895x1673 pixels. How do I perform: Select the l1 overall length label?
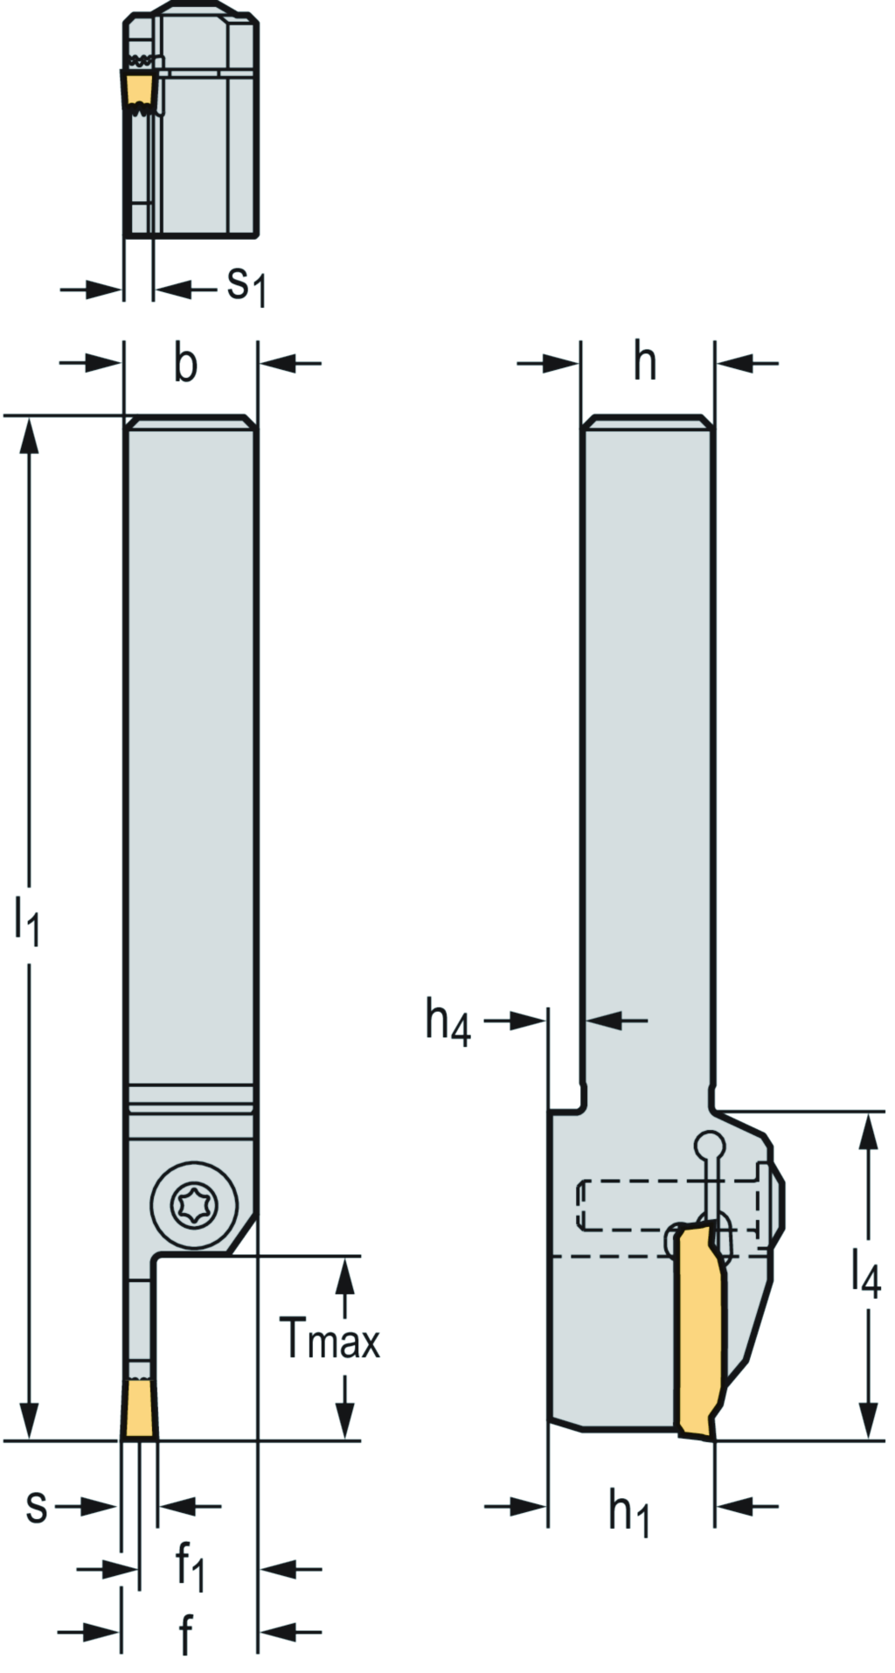pos(27,924)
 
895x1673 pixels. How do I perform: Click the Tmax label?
pos(331,1339)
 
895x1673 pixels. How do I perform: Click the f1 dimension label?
pos(190,1565)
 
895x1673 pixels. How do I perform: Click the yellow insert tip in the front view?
pos(140,1409)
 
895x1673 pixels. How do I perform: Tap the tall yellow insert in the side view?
pos(699,1329)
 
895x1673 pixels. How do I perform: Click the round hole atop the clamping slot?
pos(710,1145)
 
